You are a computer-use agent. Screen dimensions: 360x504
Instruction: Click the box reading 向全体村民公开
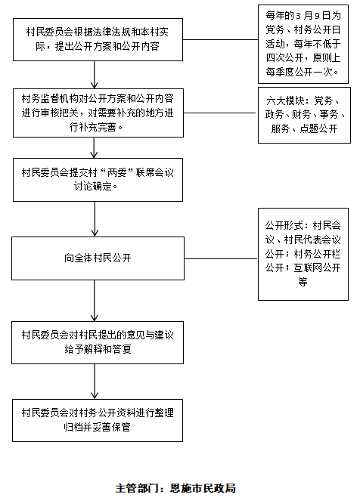pyautogui.click(x=98, y=258)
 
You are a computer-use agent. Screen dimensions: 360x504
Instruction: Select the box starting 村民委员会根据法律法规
pyautogui.click(x=98, y=39)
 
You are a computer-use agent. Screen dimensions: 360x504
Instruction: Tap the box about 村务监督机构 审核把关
pyautogui.click(x=98, y=113)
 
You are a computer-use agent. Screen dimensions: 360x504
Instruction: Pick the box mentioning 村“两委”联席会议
pyautogui.click(x=98, y=180)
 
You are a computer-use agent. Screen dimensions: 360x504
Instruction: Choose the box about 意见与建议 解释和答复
pyautogui.click(x=98, y=342)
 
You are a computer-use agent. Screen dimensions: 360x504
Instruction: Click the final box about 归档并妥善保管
pyautogui.click(x=98, y=420)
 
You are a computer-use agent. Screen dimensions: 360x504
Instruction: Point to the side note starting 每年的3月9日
pyautogui.click(x=303, y=44)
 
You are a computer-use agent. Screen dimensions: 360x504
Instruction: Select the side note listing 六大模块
pyautogui.click(x=304, y=115)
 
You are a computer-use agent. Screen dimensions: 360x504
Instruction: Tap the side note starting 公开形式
pyautogui.click(x=303, y=254)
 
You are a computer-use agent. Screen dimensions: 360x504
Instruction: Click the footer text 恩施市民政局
pyautogui.click(x=203, y=488)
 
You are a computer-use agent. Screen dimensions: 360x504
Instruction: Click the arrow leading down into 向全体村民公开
pyautogui.click(x=95, y=219)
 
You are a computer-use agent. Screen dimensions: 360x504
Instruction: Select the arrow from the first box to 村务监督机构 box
pyautogui.click(x=95, y=75)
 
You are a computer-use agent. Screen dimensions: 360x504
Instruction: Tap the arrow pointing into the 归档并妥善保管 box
pyautogui.click(x=95, y=382)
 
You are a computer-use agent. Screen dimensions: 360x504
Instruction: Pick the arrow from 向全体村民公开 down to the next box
pyautogui.click(x=95, y=301)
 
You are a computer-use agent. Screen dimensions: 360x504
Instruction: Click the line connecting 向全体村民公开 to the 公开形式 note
pyautogui.click(x=221, y=258)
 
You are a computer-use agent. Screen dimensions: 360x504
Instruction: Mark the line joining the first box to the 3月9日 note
pyautogui.click(x=220, y=40)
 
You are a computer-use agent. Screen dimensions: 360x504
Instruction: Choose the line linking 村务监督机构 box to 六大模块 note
pyautogui.click(x=220, y=113)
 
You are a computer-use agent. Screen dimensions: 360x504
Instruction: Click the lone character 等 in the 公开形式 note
pyautogui.click(x=303, y=282)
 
